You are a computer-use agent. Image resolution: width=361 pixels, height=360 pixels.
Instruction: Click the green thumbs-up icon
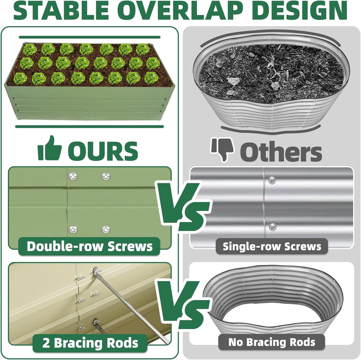50,149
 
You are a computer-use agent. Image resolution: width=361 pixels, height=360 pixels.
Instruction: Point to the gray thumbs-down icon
222,150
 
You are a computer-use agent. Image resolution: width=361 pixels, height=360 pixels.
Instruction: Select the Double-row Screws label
90,246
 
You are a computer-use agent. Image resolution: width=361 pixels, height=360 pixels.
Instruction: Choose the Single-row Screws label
272,246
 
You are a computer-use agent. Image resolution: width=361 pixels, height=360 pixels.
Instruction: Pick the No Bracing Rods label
271,342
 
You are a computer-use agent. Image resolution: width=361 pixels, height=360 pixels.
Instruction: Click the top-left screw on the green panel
73,176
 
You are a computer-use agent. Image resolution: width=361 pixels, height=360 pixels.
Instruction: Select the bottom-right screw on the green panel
106,229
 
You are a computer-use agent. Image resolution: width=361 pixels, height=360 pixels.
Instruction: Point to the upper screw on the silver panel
272,180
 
